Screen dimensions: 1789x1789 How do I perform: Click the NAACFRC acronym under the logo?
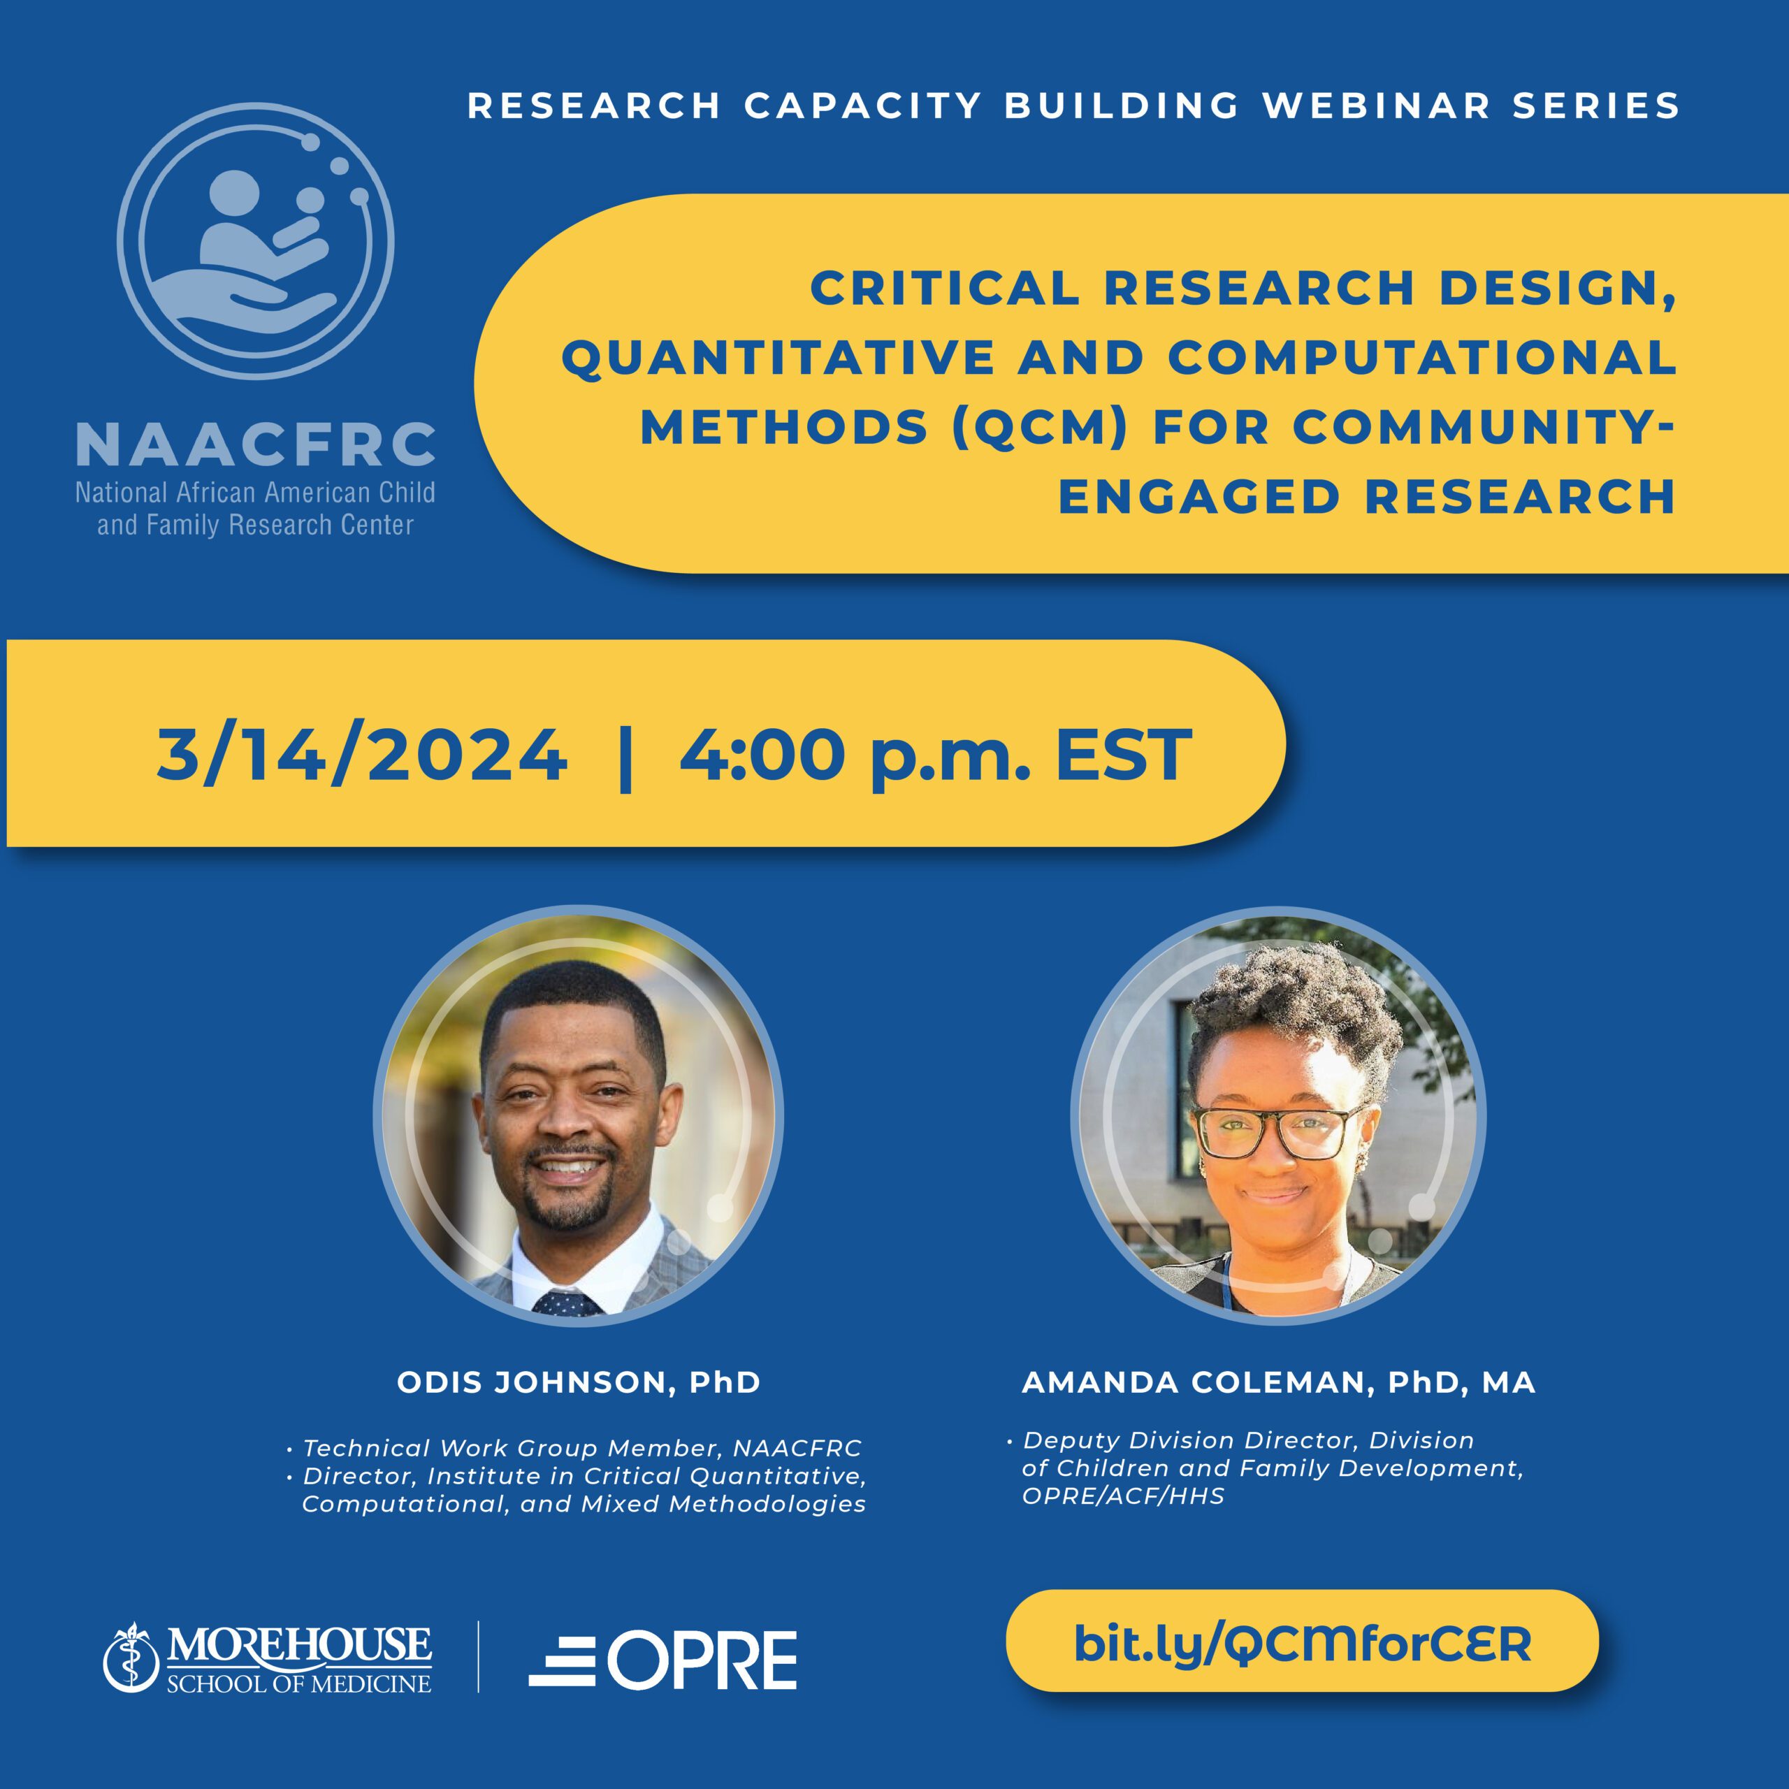[256, 444]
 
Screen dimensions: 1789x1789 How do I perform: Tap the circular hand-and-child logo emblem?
[256, 241]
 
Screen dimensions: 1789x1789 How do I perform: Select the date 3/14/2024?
[361, 755]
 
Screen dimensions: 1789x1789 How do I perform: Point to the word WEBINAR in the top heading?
[1376, 106]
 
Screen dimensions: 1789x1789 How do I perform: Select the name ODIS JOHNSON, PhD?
[579, 1382]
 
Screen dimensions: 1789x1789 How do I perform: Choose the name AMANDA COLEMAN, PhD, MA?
[1279, 1382]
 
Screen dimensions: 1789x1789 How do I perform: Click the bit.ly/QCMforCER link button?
[1302, 1641]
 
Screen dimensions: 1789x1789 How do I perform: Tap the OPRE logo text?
[702, 1661]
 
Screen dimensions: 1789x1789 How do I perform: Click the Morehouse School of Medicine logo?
[268, 1658]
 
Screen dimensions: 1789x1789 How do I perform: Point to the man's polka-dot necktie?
[567, 1303]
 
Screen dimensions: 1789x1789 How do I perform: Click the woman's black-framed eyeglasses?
[1280, 1131]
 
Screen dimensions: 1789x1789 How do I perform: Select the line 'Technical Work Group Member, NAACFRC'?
[582, 1448]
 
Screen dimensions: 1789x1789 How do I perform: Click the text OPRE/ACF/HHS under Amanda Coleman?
[1123, 1496]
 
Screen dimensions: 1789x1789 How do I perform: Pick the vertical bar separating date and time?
[624, 758]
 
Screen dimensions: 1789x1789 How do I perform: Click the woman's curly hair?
[1294, 1014]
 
